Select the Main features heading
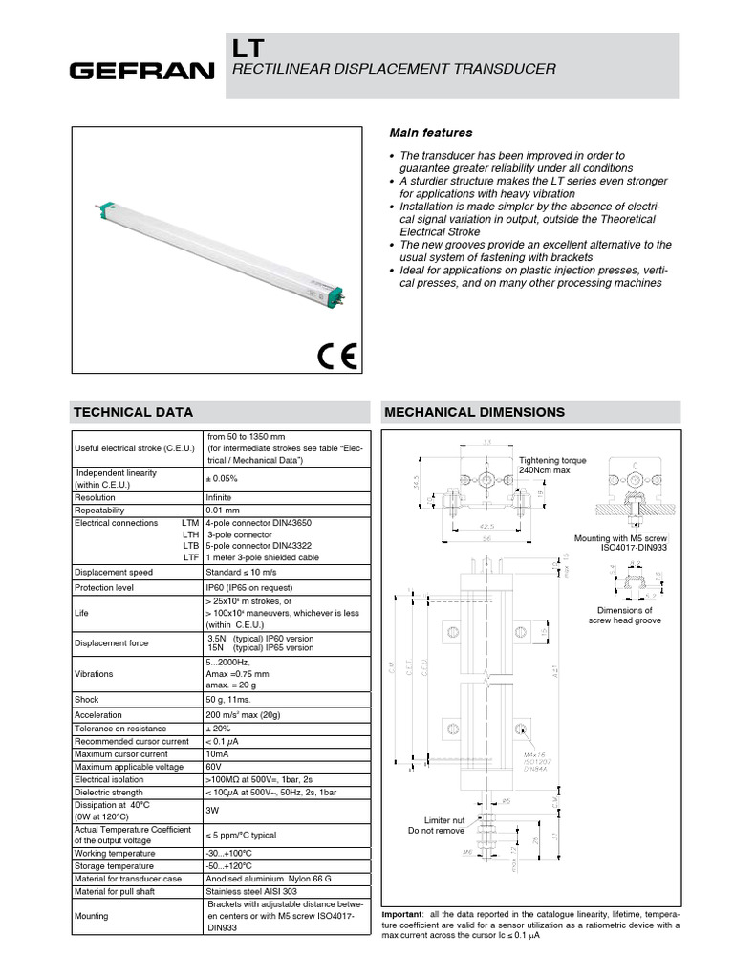tap(430, 132)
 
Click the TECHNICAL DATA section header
tap(134, 412)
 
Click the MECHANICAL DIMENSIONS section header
tap(474, 412)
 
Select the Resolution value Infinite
tap(222, 498)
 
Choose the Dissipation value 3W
tap(214, 811)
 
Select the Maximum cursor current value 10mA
tap(218, 754)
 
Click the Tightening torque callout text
tap(552, 466)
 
